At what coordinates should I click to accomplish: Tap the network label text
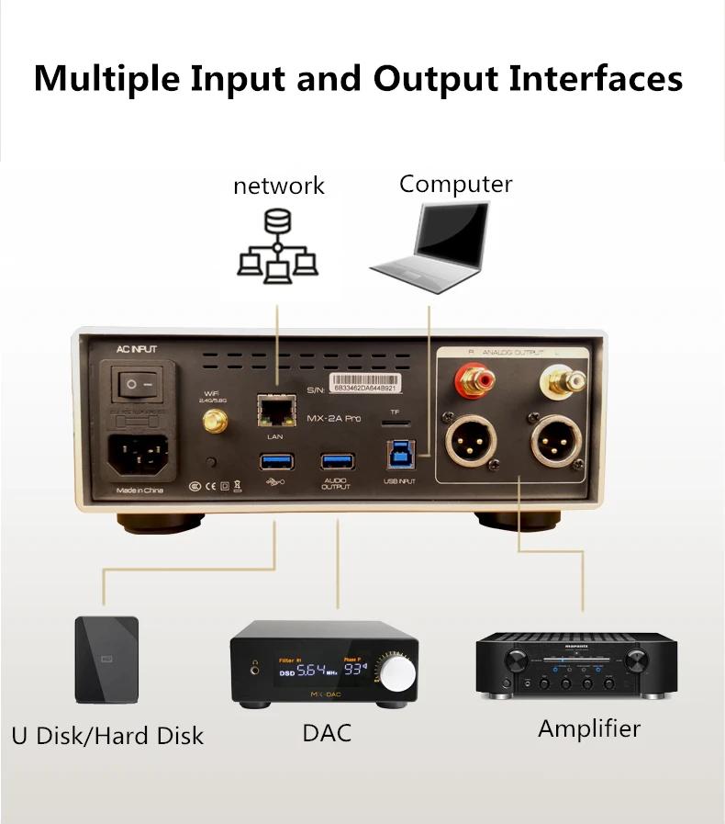coord(279,186)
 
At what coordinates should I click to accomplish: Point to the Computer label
coord(455,184)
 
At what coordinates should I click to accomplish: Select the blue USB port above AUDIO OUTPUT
coord(336,461)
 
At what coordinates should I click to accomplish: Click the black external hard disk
coord(106,659)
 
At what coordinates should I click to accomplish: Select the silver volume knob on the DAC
coord(397,672)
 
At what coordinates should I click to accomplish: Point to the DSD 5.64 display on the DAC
coord(304,671)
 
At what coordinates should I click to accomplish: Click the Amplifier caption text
coord(588,729)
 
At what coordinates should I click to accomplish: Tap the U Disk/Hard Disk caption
coord(107,736)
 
